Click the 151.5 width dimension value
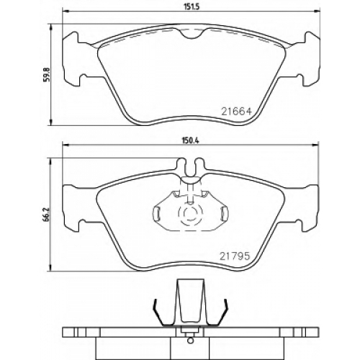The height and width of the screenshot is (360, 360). (192, 6)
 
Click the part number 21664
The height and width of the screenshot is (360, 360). (236, 112)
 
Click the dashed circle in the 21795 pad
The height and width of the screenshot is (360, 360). (191, 212)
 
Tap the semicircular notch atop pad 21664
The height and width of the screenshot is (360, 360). (192, 34)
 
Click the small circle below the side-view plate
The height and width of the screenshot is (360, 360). (190, 340)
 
